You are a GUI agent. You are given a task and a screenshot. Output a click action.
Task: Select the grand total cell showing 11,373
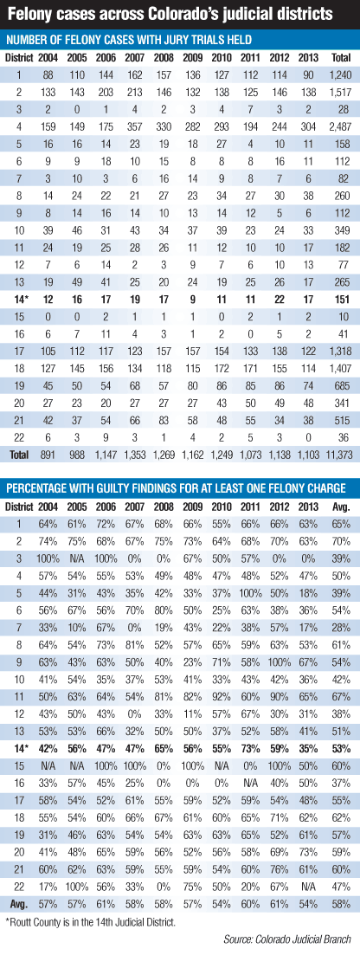click(x=340, y=453)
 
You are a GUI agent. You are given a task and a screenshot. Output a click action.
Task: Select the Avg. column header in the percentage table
click(x=340, y=507)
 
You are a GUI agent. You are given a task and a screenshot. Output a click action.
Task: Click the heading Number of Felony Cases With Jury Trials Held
click(x=129, y=40)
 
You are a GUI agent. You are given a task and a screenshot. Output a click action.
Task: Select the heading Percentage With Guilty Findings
click(x=176, y=487)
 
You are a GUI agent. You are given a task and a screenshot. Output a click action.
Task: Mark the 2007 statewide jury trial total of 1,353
click(x=134, y=453)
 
